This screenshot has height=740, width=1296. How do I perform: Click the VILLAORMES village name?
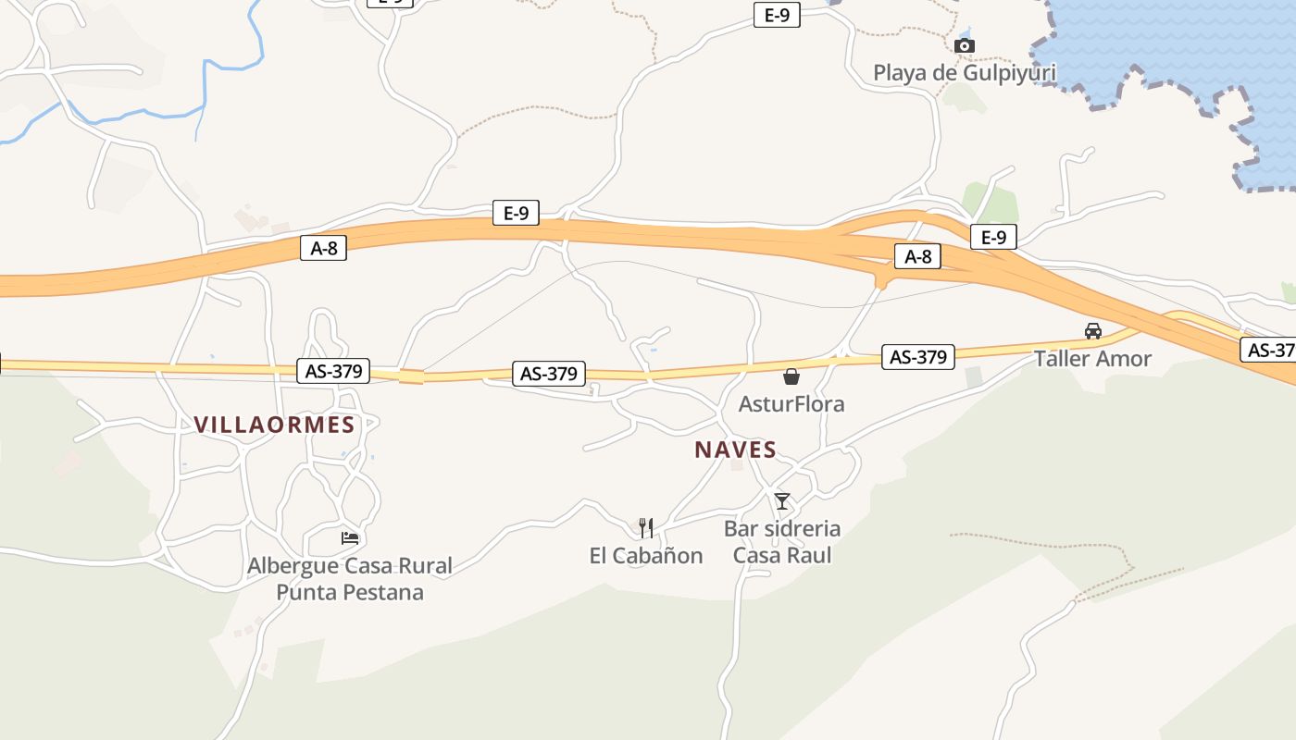coord(274,425)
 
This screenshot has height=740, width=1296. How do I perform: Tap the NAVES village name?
coord(735,450)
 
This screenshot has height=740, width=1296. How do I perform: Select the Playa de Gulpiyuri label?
coord(964,72)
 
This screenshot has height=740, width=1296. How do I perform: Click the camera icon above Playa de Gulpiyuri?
coord(964,45)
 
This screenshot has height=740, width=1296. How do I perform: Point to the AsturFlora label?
coord(791,403)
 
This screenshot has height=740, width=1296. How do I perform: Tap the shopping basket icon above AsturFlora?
coord(791,376)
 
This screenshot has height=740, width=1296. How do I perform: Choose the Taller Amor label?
coord(1092,358)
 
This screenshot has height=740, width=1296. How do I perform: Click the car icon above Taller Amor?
coord(1092,331)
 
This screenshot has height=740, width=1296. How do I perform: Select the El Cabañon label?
coord(646,555)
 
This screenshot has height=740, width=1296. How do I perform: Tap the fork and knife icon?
coord(646,528)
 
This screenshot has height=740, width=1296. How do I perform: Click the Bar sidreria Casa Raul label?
coord(782,541)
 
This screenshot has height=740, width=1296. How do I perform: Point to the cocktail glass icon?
coord(782,501)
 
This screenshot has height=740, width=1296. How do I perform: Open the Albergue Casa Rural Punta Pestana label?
coord(350,578)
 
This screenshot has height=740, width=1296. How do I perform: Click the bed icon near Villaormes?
coord(350,537)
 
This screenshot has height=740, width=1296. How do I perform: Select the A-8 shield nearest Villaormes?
coord(323,248)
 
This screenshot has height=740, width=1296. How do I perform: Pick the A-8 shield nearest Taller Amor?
coord(917,256)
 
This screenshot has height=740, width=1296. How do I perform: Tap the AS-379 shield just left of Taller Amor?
coord(917,357)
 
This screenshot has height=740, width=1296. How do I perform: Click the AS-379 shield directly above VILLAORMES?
coord(333,371)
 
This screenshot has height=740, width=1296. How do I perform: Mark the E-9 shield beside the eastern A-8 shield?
coord(993,238)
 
